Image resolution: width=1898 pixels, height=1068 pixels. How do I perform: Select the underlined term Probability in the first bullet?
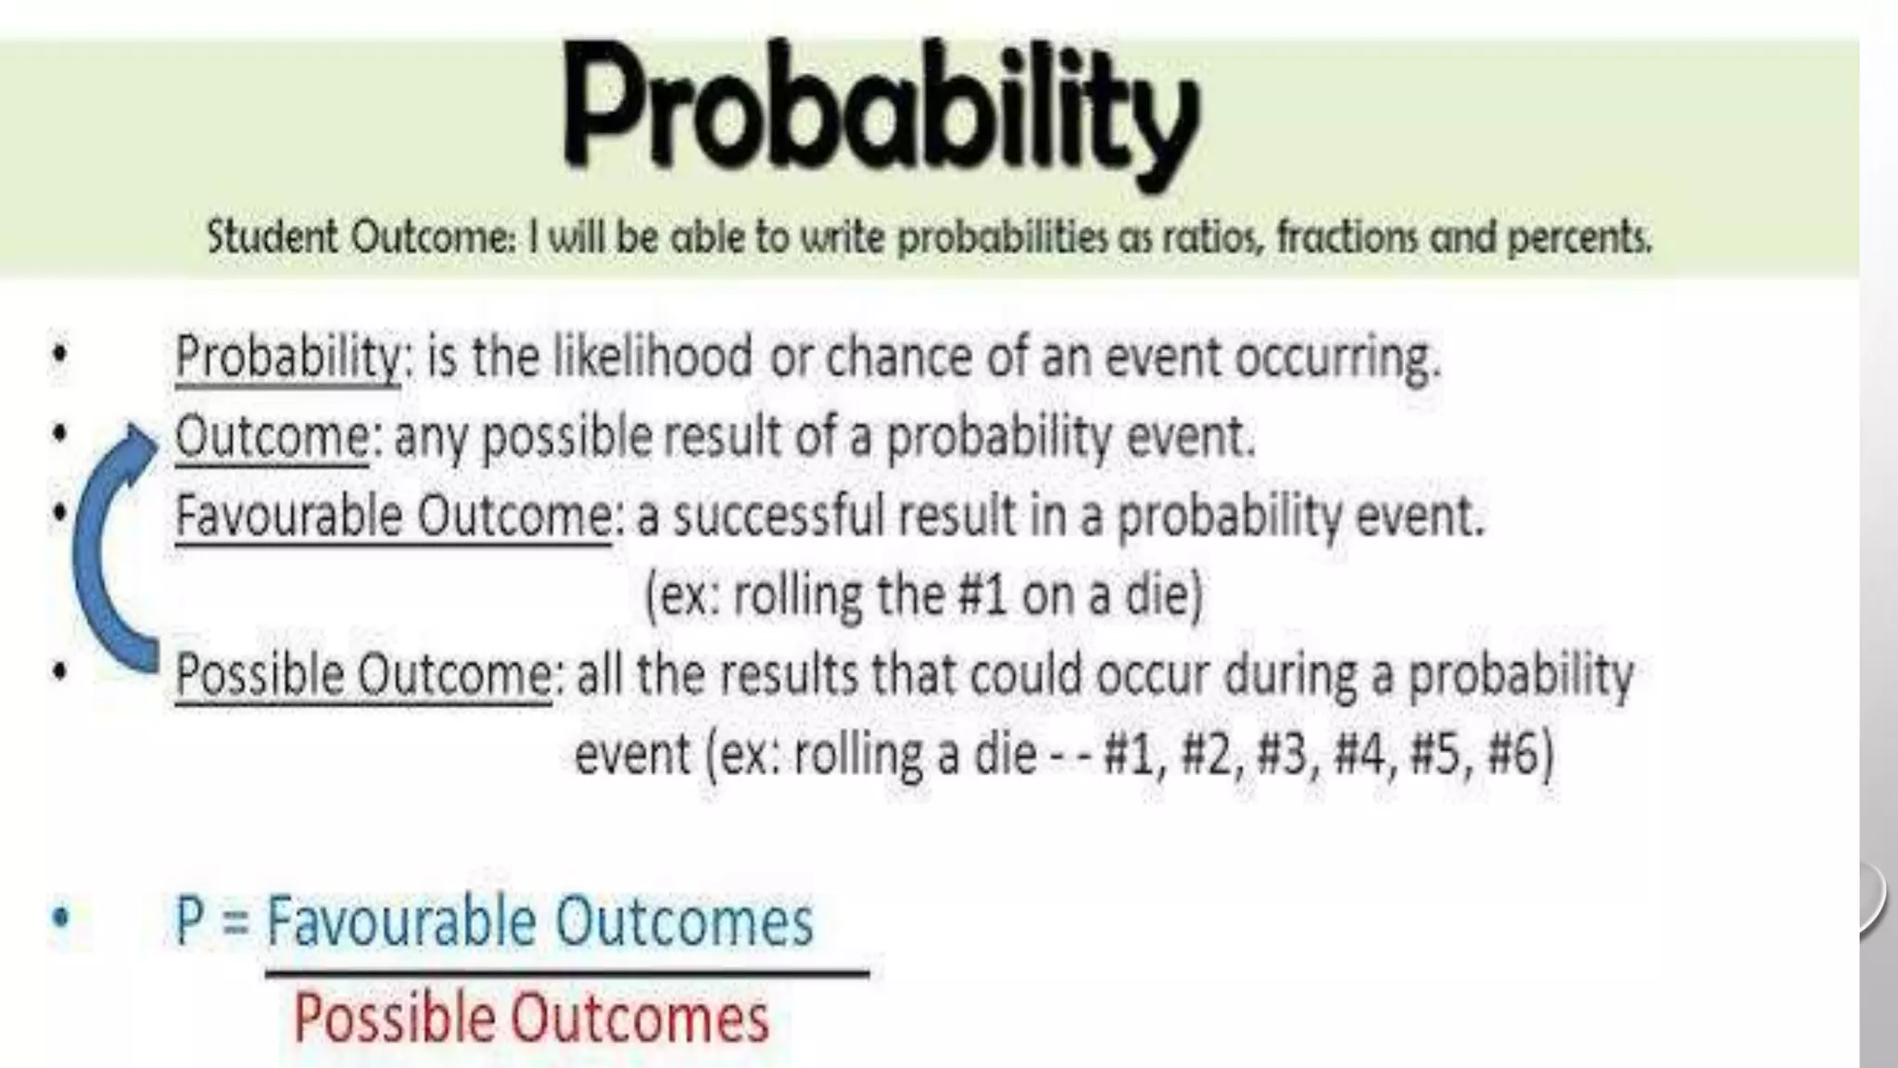pos(287,357)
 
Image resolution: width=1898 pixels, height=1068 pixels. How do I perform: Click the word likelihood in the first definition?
pos(652,357)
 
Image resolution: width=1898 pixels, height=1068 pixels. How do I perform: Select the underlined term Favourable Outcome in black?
pos(393,515)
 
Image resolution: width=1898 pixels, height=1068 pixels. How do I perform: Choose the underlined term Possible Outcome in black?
pos(363,674)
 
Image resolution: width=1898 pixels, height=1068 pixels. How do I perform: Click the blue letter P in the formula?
pos(190,922)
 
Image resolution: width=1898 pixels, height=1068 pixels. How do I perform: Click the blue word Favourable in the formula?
pos(400,922)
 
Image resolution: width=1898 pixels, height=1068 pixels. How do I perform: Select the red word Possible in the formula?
pos(394,1018)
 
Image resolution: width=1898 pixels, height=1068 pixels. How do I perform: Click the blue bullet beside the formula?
pos(61,918)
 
